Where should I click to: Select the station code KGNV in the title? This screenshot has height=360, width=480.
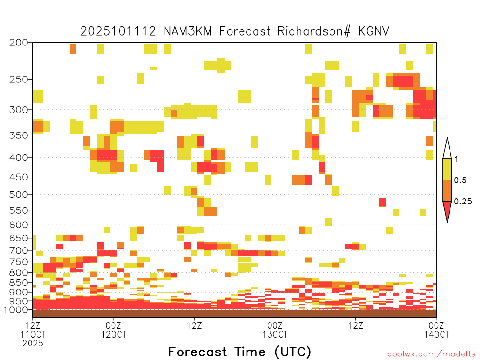(x=374, y=31)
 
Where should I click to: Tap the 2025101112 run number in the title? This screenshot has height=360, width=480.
(x=118, y=31)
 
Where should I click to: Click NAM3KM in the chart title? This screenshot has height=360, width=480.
(x=187, y=31)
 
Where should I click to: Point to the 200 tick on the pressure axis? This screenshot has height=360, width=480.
(x=19, y=43)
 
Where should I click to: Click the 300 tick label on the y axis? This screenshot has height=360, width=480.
(x=19, y=110)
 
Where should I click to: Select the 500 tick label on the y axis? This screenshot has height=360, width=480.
(x=19, y=195)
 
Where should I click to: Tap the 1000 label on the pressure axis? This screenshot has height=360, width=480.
(x=16, y=310)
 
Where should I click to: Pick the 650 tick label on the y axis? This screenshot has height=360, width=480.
(x=19, y=238)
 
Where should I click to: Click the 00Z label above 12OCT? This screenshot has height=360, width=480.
(x=113, y=325)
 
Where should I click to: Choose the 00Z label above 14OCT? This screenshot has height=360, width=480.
(x=436, y=325)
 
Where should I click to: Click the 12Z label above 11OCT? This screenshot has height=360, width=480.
(x=33, y=325)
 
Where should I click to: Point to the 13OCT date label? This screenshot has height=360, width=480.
(x=275, y=334)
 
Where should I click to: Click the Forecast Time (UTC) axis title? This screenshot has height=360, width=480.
(x=240, y=352)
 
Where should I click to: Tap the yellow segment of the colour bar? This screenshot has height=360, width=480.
(x=447, y=169)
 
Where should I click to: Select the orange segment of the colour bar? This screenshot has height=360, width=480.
(x=447, y=190)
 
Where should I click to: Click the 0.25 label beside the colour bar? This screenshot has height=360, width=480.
(x=463, y=201)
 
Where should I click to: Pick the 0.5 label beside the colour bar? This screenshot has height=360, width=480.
(x=460, y=180)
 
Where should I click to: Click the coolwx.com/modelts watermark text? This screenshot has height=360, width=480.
(x=431, y=354)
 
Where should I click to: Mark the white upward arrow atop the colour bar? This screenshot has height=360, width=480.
(x=447, y=149)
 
